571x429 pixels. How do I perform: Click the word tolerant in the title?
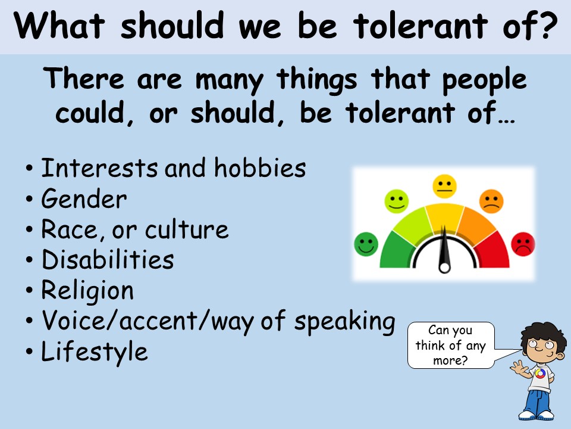(421, 25)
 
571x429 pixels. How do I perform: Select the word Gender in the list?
(84, 199)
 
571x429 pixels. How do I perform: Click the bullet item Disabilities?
(108, 259)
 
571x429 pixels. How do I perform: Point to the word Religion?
(87, 291)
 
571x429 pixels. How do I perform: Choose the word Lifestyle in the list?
(95, 352)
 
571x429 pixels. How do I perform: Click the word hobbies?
(260, 167)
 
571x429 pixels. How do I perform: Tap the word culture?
(187, 229)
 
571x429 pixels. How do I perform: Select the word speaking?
(344, 322)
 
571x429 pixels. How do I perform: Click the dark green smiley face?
(366, 244)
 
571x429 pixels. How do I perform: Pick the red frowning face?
(523, 244)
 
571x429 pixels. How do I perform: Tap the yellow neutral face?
(445, 186)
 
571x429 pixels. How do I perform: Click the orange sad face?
(491, 201)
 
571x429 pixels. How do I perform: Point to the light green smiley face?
(397, 201)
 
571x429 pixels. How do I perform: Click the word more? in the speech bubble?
(450, 361)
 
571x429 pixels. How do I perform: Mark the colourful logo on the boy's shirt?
(540, 374)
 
